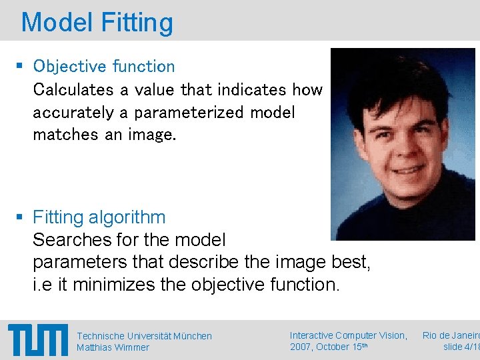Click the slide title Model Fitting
point(97,22)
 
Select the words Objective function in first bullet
point(104,67)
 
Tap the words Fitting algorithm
point(99,217)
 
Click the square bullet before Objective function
point(20,67)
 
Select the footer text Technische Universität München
point(144,336)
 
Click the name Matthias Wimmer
point(113,347)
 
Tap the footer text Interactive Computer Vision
point(349,335)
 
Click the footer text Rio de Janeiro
point(451,335)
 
